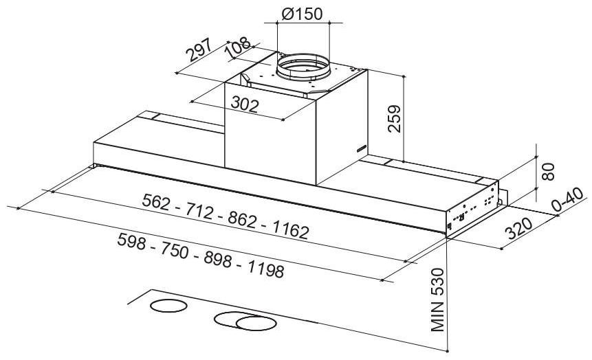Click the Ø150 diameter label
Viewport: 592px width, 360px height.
(x=302, y=14)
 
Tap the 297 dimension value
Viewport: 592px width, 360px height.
(x=200, y=50)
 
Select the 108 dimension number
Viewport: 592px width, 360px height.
(x=238, y=47)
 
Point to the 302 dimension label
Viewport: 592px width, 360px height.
(x=245, y=104)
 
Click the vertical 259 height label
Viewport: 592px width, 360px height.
(x=394, y=118)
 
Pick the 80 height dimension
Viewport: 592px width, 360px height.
(x=548, y=171)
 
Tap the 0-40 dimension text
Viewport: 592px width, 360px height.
(x=568, y=200)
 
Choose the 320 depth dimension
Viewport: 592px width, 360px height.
(x=519, y=228)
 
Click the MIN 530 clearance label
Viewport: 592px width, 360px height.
(x=437, y=300)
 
